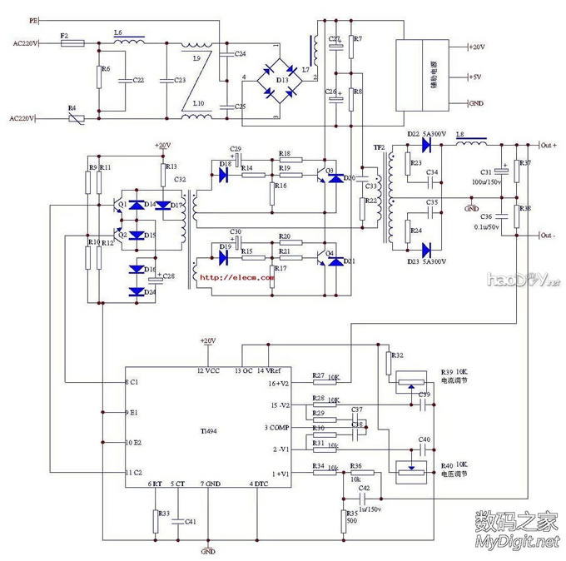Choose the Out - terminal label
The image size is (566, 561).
[547, 236]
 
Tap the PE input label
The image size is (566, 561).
[33, 17]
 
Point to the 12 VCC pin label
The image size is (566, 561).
[208, 369]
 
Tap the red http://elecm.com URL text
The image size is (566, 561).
[236, 278]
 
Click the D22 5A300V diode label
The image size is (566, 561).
[427, 134]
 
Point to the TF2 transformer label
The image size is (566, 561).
[380, 147]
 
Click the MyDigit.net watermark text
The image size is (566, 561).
[515, 543]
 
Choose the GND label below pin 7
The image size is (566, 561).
[208, 550]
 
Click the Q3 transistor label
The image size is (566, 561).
[330, 171]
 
